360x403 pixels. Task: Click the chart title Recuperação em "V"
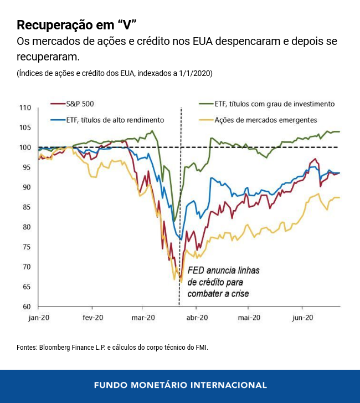click(76, 25)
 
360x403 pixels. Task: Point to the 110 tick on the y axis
click(25, 108)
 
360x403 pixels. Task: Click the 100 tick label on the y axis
click(25, 147)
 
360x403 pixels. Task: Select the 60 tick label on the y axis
click(27, 307)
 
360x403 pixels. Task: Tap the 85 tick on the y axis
click(27, 207)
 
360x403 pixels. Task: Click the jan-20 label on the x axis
click(39, 318)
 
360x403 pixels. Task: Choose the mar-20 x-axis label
click(142, 318)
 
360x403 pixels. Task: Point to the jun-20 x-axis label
click(302, 318)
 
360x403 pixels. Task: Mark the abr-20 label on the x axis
click(197, 318)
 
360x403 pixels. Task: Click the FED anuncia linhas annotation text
click(223, 271)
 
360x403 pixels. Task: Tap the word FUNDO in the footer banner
click(111, 385)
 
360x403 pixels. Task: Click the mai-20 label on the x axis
click(249, 318)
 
